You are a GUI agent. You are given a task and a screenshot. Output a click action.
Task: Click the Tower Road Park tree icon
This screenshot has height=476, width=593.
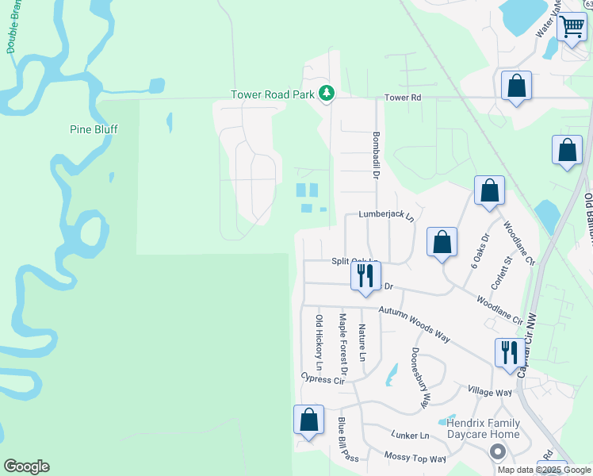(x=326, y=94)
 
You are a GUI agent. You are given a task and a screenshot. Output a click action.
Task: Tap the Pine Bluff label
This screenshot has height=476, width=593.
(x=94, y=129)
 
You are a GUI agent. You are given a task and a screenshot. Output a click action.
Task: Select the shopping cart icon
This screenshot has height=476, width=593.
(x=572, y=28)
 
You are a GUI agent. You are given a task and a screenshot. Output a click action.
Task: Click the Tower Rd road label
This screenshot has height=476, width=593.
(x=402, y=98)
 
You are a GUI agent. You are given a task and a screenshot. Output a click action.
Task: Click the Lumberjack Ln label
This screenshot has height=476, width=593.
(x=386, y=215)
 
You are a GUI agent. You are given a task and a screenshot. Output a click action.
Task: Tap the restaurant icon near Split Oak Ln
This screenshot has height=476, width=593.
(x=365, y=277)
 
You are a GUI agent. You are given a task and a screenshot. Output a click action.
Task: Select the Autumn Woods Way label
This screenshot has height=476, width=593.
(x=414, y=325)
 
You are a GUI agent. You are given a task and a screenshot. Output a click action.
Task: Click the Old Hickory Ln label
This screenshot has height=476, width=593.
(x=319, y=343)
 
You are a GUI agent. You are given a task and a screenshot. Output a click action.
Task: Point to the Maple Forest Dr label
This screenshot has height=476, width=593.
(x=343, y=344)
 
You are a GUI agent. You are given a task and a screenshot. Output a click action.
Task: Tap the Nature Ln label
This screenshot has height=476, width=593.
(x=362, y=343)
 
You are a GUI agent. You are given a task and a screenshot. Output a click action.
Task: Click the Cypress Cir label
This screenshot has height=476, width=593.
(x=323, y=380)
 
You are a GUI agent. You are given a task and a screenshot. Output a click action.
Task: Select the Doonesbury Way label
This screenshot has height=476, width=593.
(x=420, y=378)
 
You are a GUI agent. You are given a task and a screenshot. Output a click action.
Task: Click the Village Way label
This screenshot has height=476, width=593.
(x=489, y=393)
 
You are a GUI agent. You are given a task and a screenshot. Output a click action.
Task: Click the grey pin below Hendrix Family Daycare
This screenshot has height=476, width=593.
(x=497, y=451)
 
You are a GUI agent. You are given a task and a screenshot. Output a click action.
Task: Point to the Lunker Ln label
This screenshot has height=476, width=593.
(x=410, y=436)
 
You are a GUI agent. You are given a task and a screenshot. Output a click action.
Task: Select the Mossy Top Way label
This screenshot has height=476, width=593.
(x=415, y=458)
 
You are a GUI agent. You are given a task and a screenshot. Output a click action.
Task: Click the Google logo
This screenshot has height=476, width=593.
(x=26, y=466)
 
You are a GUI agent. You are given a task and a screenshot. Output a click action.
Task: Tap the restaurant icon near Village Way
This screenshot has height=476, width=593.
(x=508, y=353)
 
